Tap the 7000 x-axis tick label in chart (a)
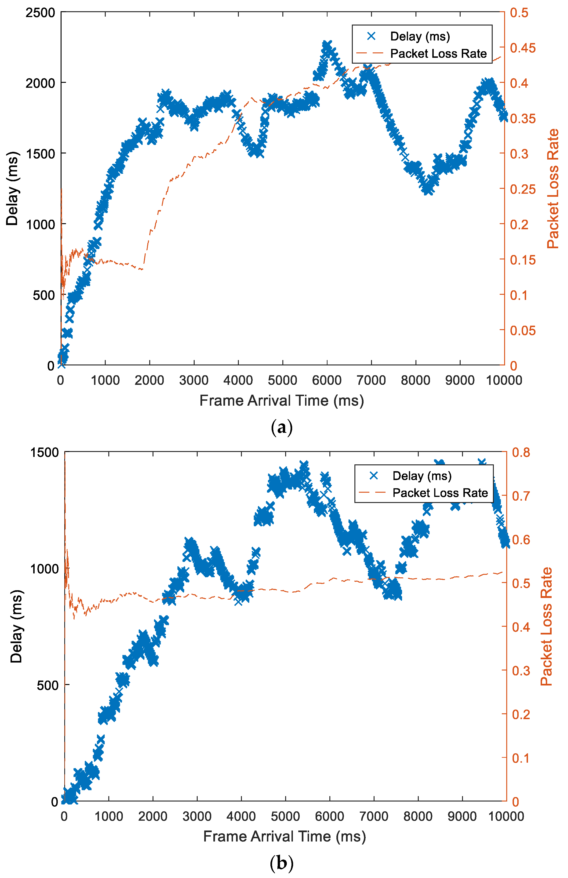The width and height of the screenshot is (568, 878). [371, 380]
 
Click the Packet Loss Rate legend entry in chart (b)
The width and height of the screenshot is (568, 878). [440, 493]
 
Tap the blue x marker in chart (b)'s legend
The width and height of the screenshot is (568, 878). [374, 476]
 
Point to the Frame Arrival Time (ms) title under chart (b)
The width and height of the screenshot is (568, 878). [284, 836]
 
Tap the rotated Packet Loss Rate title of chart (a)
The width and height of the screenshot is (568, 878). [553, 189]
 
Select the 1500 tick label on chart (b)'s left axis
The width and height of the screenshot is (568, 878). [44, 452]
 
